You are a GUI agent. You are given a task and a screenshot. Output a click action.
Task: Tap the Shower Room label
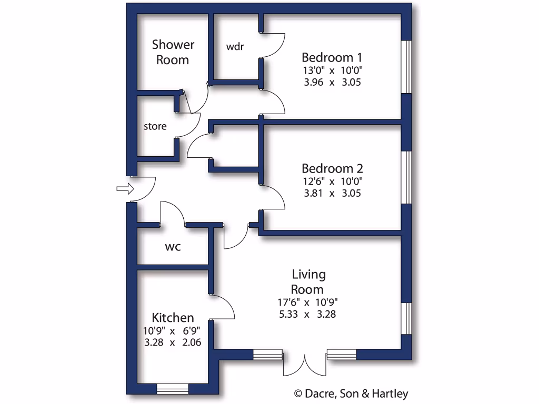pos(173,52)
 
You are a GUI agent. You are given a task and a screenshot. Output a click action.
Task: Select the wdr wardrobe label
pos(235,46)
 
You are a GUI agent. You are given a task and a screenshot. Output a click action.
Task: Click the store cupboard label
pos(155,126)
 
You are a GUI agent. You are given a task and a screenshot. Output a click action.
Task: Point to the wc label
pos(173,246)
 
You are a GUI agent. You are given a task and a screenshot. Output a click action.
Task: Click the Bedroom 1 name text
pos(332,57)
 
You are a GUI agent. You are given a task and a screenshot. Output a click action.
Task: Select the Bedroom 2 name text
pos(332,168)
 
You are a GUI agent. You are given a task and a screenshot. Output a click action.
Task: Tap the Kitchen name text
pos(173,318)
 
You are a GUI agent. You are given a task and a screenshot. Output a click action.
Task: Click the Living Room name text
pos(308,282)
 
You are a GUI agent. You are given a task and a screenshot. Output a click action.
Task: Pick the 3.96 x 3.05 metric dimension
pos(332,82)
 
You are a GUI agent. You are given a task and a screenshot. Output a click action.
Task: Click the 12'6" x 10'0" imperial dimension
pos(332,181)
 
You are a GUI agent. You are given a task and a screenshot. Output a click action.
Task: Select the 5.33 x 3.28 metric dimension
pos(308,315)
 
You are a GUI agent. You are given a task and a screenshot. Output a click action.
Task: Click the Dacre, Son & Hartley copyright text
pos(351,393)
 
